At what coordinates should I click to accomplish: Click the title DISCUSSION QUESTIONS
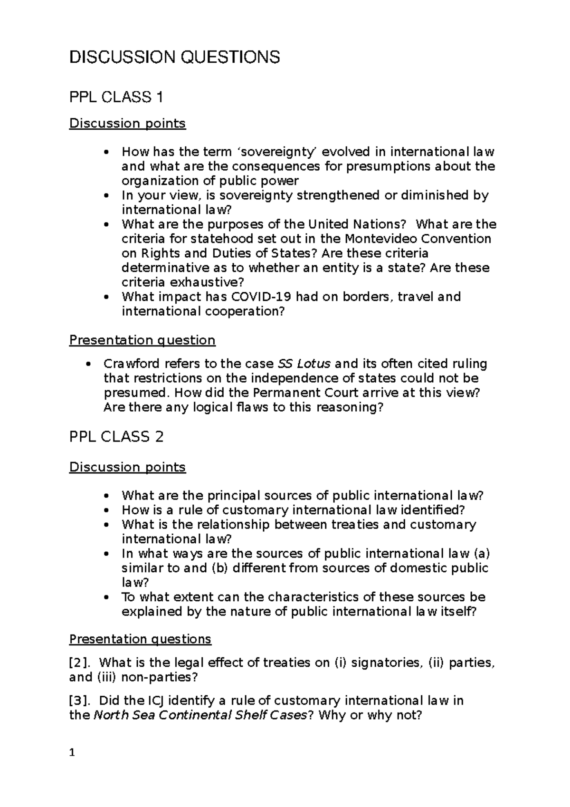point(174,58)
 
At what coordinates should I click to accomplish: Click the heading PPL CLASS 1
point(116,97)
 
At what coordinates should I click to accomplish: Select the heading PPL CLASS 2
point(116,437)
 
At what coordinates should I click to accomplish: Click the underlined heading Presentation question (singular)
point(142,340)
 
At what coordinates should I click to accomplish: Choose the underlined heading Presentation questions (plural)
point(140,639)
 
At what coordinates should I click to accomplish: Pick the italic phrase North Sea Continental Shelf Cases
point(199,715)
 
